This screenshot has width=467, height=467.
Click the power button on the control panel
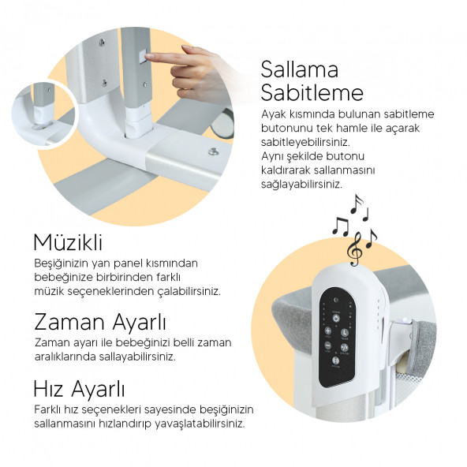(336, 318)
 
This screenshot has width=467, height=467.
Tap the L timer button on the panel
(344, 333)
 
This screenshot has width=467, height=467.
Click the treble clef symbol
(355, 248)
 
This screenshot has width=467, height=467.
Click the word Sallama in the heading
(299, 69)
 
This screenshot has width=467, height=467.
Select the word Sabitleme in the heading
(312, 92)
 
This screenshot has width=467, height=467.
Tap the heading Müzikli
(68, 242)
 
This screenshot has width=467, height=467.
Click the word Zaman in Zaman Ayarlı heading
(69, 322)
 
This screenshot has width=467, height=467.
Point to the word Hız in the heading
(48, 389)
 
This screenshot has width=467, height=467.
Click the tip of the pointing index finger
(146, 57)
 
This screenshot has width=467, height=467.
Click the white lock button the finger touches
(141, 56)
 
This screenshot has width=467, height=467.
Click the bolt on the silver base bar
(213, 152)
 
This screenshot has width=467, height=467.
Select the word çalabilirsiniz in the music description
(189, 291)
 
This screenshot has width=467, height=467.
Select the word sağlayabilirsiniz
(301, 185)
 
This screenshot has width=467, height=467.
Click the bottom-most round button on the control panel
(336, 361)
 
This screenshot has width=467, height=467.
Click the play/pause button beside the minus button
(344, 347)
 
